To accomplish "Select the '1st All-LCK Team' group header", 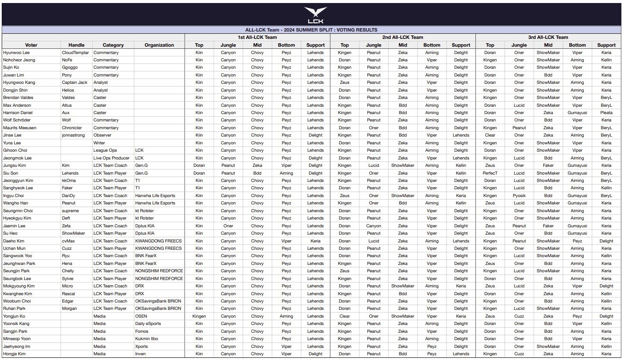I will [257, 37].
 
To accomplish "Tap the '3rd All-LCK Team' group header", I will [548, 37].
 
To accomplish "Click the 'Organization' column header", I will [159, 45].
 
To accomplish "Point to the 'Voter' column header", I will [31, 45].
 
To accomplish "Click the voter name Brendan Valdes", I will [18, 98].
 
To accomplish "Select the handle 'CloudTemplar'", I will [75, 53].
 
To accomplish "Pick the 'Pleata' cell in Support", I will [606, 113].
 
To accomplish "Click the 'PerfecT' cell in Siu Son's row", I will [490, 173].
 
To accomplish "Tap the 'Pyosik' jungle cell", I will [519, 196].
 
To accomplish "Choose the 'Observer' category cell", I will [102, 135].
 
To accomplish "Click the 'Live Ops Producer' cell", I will [111, 158].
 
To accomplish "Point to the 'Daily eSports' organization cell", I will [148, 324].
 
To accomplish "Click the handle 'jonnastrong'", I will [74, 135].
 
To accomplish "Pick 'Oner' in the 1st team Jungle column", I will [228, 226].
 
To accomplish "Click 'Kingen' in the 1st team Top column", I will [199, 316].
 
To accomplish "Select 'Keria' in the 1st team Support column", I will [315, 241].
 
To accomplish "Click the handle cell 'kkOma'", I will [69, 181].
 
